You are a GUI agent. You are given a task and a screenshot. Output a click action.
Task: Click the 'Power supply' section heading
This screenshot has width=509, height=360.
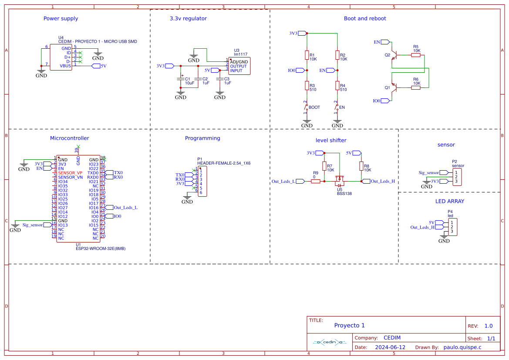coord(61,18)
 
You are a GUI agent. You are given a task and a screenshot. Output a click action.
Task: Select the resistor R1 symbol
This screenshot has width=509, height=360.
coord(307,55)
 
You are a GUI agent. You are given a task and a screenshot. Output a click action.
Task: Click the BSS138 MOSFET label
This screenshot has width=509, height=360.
coord(344,194)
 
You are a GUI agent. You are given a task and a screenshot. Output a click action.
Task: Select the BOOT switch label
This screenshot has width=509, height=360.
coord(314,107)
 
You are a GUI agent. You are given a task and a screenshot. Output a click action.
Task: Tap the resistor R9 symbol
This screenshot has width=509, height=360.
coord(316,182)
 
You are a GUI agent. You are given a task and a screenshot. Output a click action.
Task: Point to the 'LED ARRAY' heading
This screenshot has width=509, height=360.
coord(450,202)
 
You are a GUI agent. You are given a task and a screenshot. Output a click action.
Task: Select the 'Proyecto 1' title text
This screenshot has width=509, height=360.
coord(349,326)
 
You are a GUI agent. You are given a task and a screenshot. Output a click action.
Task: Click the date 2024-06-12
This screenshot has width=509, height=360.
coord(390,347)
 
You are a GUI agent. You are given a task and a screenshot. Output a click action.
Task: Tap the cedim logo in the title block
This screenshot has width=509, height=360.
coord(329,342)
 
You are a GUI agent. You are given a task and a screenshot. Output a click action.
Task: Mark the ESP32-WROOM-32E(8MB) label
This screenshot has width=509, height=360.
coord(100,249)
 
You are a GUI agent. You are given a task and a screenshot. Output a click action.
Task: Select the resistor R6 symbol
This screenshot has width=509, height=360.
coord(416,87)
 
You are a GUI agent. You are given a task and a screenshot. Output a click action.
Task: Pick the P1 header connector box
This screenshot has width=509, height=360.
coord(202,183)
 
